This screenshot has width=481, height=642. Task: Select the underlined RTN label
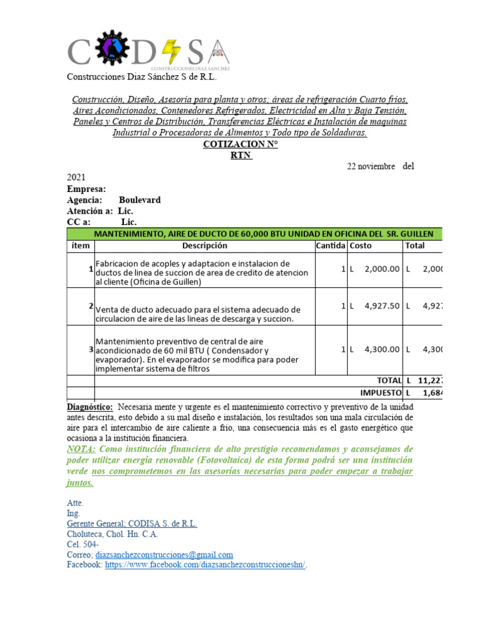(240, 155)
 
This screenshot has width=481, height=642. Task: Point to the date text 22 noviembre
(371, 167)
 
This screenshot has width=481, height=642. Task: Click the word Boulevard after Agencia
(140, 200)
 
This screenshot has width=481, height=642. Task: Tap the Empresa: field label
(86, 189)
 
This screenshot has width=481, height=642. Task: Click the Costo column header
(361, 246)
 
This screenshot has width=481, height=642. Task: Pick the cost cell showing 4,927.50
(381, 306)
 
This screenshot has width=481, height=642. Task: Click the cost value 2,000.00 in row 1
(381, 269)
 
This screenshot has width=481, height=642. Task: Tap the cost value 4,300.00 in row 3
(381, 349)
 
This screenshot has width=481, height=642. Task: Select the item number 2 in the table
(91, 306)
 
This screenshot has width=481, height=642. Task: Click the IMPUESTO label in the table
(380, 392)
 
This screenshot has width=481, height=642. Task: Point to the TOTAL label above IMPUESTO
(388, 381)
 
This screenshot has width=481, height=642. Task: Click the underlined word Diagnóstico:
(90, 408)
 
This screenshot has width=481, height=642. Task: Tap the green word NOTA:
(81, 450)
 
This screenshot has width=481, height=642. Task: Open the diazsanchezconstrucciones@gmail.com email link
(163, 555)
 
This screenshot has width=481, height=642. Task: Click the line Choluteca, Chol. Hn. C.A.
(112, 535)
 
